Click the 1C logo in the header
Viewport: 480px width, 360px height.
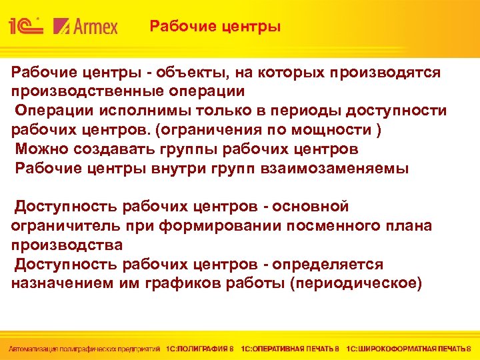point(25,27)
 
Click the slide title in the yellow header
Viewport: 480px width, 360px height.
point(215,27)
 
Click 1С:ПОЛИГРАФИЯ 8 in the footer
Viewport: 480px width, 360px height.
point(200,348)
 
